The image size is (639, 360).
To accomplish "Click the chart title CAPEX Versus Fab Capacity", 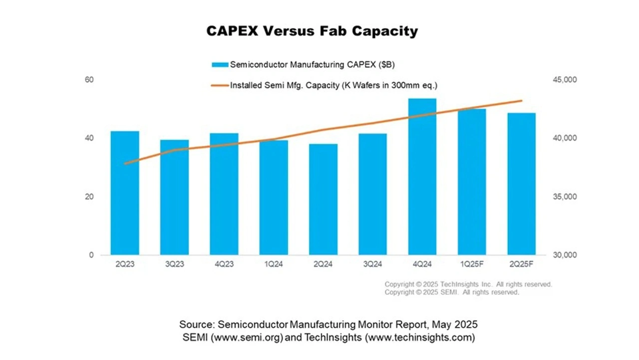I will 312,31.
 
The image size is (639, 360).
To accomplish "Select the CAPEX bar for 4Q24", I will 422,177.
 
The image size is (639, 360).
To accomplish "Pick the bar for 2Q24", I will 323,199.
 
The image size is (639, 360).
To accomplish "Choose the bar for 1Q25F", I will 472,182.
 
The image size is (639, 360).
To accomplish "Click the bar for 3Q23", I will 174,197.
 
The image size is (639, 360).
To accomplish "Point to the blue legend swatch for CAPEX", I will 220,64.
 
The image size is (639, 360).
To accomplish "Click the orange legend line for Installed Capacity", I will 220,85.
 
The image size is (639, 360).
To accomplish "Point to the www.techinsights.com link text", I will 420,338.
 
